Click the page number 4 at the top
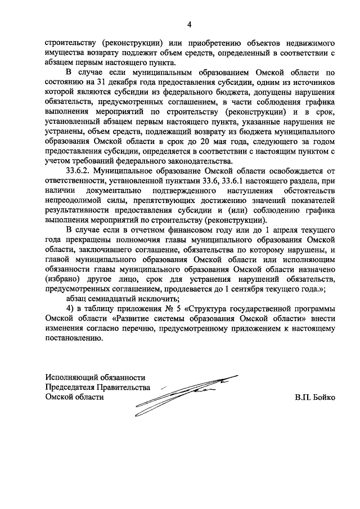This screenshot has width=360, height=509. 190,24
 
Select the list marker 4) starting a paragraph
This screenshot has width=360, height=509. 70,309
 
